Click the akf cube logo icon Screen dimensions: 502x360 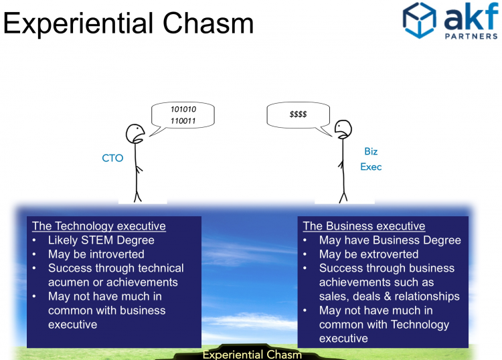(420, 20)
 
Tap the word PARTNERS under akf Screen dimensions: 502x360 (471, 36)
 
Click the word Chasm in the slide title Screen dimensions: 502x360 (208, 23)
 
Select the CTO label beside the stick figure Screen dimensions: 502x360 (112, 158)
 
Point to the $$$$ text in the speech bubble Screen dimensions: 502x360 (298, 114)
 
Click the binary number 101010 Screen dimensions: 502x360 (183, 110)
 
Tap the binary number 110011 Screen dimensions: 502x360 (183, 121)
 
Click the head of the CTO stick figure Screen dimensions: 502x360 (135, 134)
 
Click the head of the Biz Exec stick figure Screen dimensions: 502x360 (343, 129)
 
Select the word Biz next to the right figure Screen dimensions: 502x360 (371, 151)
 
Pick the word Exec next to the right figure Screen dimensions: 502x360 (371, 167)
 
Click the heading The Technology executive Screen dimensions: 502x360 (98, 226)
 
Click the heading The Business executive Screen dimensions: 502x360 (364, 226)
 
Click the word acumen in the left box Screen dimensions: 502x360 (69, 282)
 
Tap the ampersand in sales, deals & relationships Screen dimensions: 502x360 (388, 296)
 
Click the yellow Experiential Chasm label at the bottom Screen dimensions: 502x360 (252, 355)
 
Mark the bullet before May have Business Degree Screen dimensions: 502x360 (305, 240)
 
